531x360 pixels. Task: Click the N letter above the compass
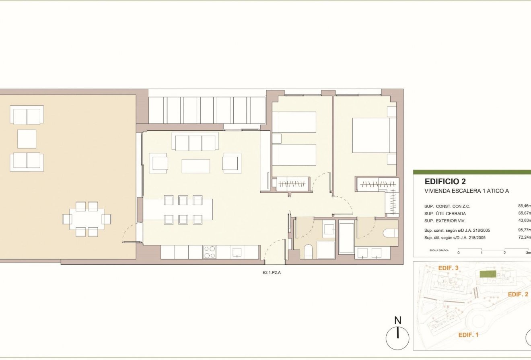coord(397,321)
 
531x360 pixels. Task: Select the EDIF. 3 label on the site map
coord(448,268)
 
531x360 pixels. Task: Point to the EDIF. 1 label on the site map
coord(468,334)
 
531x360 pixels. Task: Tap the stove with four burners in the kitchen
coord(209,252)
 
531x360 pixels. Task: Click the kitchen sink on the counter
coord(237,252)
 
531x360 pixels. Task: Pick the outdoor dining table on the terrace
coord(87,219)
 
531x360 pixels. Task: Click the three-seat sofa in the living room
coord(195,142)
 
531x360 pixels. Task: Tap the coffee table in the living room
coord(196,166)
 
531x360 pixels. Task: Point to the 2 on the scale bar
coord(504,253)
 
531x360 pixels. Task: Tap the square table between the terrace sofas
coord(27,139)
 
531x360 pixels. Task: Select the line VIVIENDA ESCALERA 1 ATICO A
coord(467,191)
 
